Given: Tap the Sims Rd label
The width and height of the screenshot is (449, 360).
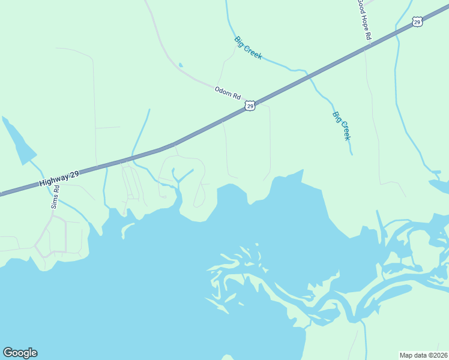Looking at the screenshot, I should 56,196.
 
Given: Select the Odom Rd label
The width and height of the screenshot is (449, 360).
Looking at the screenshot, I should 228,93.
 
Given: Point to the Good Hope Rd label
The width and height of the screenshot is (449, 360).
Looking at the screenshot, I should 364,19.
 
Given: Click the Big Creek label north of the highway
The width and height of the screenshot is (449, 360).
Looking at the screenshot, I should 248,48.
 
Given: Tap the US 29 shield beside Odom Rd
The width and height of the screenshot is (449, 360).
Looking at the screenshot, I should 250,106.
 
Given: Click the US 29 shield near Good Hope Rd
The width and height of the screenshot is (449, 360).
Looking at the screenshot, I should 418,22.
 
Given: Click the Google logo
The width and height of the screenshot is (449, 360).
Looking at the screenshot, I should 20,353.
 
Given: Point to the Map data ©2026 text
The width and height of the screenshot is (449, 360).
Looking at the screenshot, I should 424,355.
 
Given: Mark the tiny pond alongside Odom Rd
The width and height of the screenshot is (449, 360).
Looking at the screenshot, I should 180,65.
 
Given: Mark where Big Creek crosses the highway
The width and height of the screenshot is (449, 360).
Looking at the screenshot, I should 309,76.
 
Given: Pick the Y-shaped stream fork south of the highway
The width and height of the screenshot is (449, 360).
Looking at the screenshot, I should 177,180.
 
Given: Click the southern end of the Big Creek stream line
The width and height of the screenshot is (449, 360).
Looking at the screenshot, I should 352,154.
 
